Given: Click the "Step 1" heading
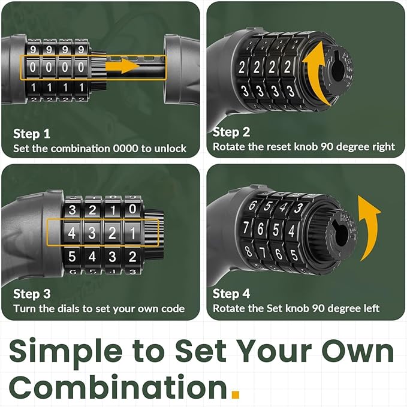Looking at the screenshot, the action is [x=32, y=134].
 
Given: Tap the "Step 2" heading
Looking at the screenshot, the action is [x=231, y=132].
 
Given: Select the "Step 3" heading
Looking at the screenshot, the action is [x=32, y=294].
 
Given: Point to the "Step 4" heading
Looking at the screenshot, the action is [x=231, y=294].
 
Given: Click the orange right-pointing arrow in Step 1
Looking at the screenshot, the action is [x=123, y=66].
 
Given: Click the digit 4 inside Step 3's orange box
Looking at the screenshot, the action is [x=72, y=233].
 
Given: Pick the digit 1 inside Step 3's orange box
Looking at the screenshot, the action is [x=132, y=233].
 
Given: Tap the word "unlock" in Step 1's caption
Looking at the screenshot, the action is [x=170, y=149].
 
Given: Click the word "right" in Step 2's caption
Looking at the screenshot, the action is [x=384, y=147].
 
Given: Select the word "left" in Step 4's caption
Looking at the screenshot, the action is [x=370, y=308].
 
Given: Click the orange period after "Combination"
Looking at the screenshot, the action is [x=236, y=394].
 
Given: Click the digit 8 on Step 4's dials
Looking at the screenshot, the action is [x=248, y=251].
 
